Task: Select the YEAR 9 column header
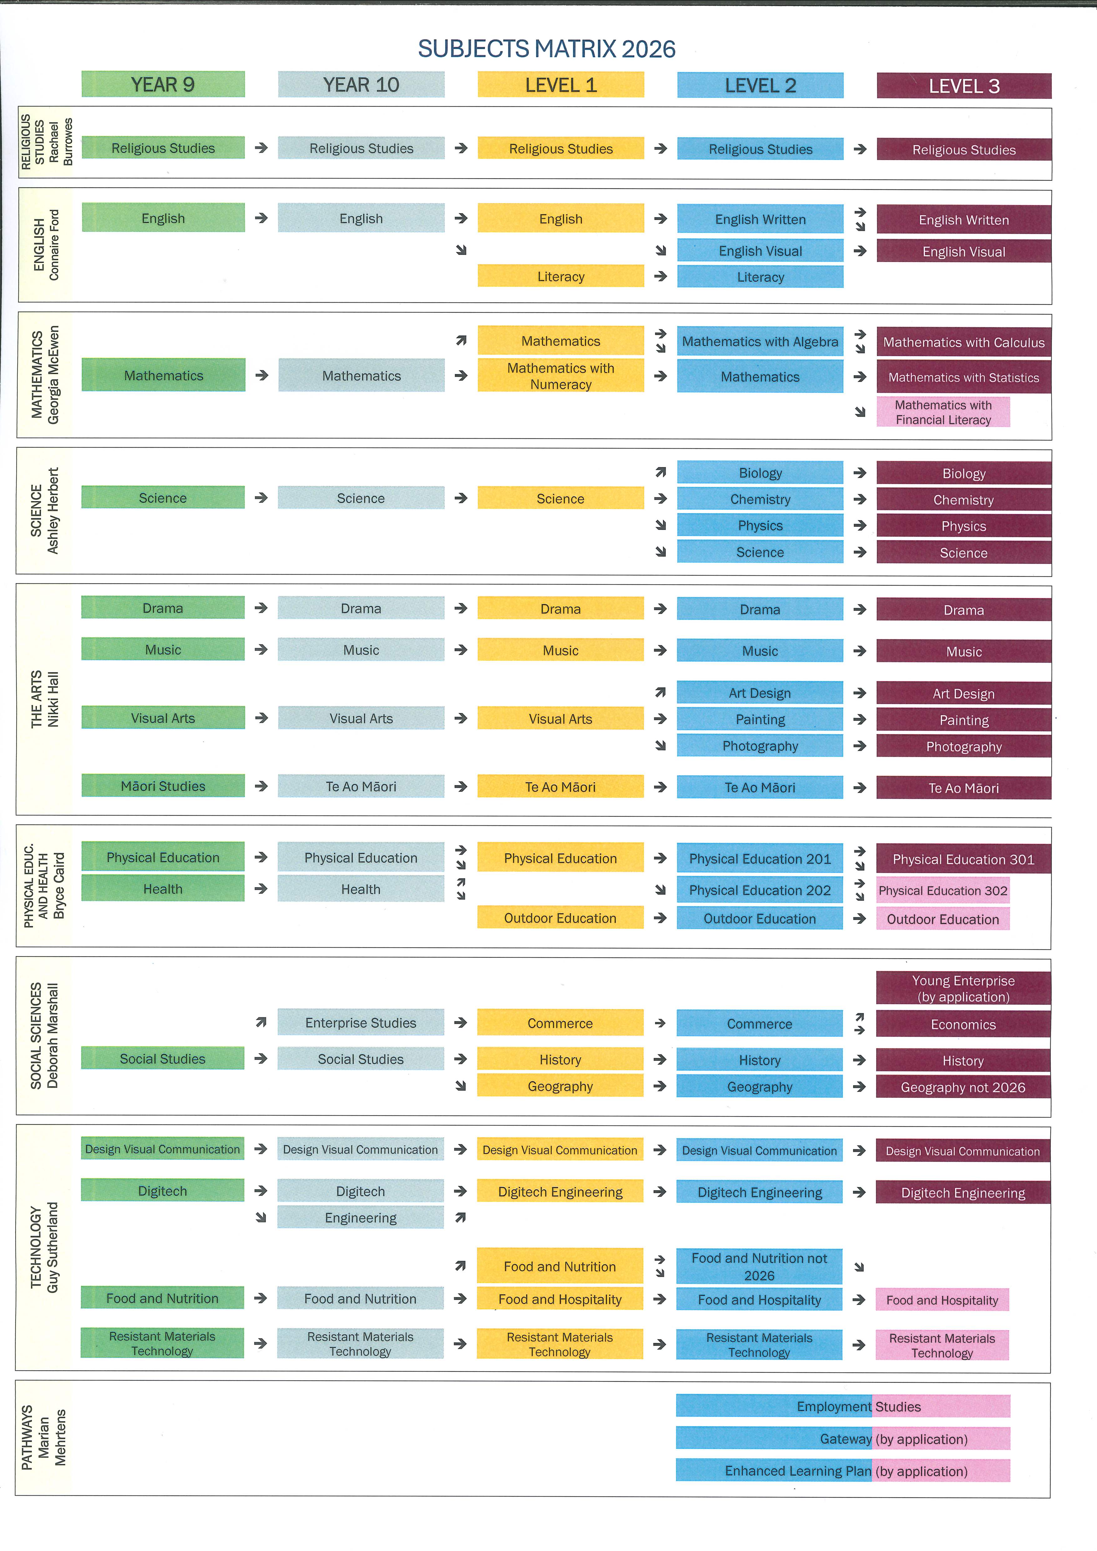(163, 84)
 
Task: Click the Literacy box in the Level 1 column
(561, 276)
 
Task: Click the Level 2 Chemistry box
(760, 499)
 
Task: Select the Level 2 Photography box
(760, 746)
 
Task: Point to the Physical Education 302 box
(943, 890)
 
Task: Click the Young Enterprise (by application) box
(963, 988)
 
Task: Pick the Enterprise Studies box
(361, 1023)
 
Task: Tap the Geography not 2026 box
(963, 1087)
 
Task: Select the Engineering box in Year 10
(361, 1217)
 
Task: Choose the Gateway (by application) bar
(843, 1439)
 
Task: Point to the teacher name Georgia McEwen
(53, 375)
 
